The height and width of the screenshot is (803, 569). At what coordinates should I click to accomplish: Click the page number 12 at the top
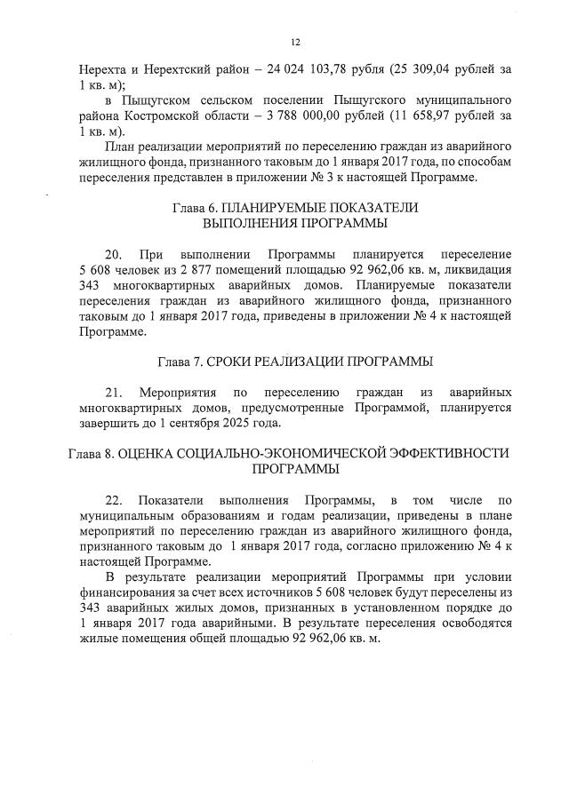click(x=295, y=42)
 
